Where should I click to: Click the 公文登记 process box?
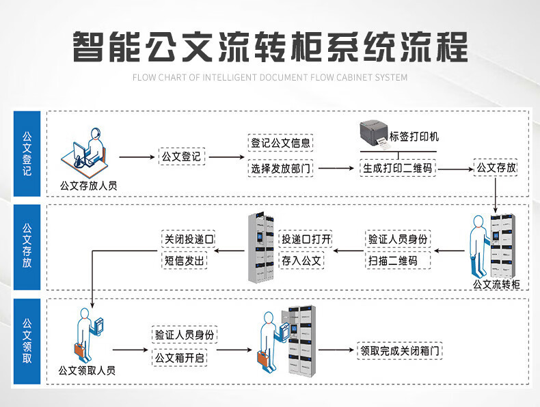[x=181, y=156]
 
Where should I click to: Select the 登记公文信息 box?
[x=280, y=143]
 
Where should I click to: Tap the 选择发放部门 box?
[x=280, y=168]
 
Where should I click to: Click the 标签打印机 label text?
[x=414, y=137]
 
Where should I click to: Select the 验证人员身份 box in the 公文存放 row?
[x=398, y=239]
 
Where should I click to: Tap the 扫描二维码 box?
[x=392, y=260]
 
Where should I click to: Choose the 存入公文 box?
[x=301, y=260]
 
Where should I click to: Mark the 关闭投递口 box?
[x=188, y=239]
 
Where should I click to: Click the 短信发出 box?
[x=183, y=260]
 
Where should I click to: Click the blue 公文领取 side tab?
[x=27, y=339]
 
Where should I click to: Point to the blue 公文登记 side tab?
[x=27, y=154]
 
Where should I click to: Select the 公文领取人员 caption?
[x=87, y=371]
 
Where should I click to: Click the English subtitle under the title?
[x=270, y=77]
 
